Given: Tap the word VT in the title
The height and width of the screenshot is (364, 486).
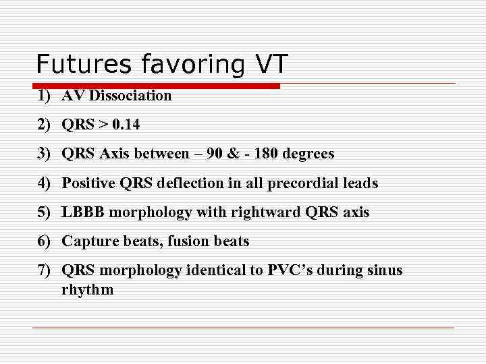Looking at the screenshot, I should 271,65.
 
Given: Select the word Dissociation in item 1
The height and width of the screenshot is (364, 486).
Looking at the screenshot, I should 130,96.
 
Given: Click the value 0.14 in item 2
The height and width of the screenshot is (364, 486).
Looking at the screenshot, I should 127,125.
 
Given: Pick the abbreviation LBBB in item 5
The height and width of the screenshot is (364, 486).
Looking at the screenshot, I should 83,212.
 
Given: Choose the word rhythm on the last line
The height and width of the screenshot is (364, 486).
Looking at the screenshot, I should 88,290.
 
